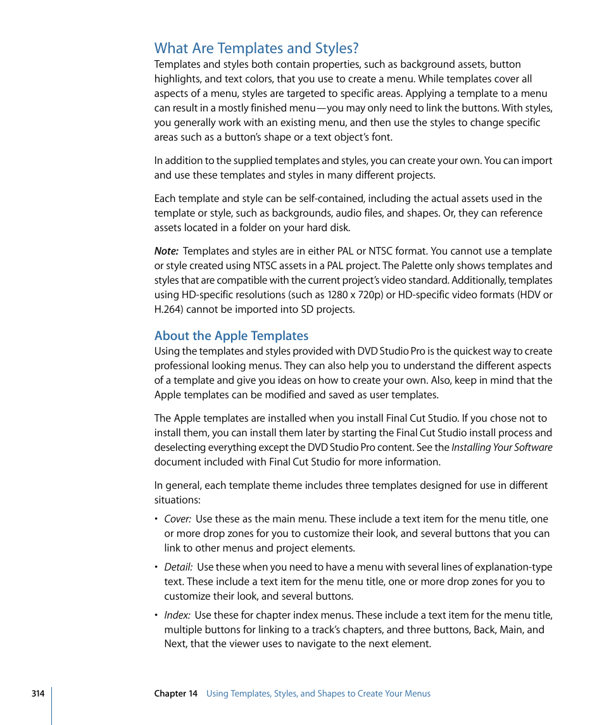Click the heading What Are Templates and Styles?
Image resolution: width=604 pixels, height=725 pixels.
tap(256, 48)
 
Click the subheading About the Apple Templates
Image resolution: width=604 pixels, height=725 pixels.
tap(231, 336)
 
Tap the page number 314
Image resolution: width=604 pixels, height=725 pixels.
tap(38, 693)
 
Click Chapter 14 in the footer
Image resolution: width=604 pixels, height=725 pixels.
tap(175, 693)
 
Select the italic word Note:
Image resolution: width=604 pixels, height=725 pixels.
tap(166, 251)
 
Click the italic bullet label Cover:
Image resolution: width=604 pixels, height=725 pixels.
tap(177, 519)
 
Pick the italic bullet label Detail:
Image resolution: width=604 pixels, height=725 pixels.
tap(178, 567)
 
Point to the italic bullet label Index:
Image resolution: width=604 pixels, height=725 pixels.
tap(177, 615)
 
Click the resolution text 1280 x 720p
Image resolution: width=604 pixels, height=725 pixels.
tap(356, 295)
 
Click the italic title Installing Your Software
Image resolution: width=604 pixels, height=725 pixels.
tap(501, 448)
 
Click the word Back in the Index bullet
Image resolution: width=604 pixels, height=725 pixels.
tap(484, 630)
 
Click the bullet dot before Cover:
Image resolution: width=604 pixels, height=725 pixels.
tap(156, 519)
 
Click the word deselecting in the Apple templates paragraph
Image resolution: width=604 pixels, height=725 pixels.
tap(180, 448)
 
